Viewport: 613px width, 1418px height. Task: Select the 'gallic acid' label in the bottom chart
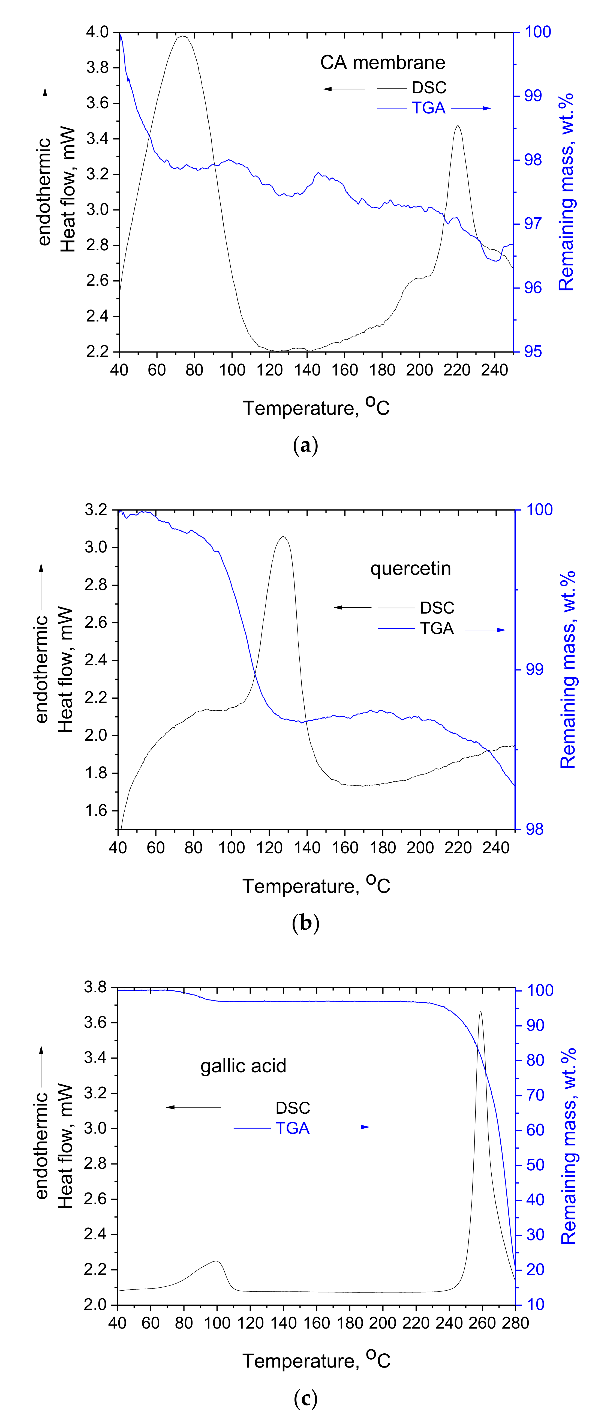point(243,1066)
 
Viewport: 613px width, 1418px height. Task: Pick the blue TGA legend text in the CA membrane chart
point(429,108)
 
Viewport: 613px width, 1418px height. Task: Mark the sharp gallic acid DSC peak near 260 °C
point(480,1012)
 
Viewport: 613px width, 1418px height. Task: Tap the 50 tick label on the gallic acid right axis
point(535,1165)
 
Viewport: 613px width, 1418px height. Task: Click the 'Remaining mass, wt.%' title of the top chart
point(567,191)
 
